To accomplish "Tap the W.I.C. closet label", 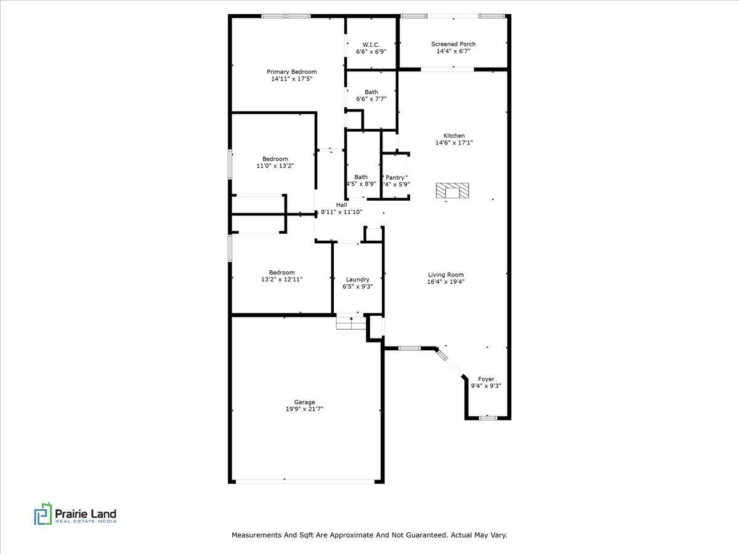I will pyautogui.click(x=371, y=44).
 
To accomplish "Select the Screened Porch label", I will pyautogui.click(x=453, y=44).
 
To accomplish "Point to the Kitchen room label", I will pyautogui.click(x=454, y=135).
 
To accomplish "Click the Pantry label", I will pyautogui.click(x=395, y=177).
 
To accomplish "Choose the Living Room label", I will pyautogui.click(x=446, y=275).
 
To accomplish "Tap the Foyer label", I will pyautogui.click(x=486, y=379).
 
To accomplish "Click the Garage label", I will pyautogui.click(x=304, y=402).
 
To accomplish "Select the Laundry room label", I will pyautogui.click(x=357, y=279).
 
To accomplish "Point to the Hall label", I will pyautogui.click(x=341, y=205).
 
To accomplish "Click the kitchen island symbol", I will pyautogui.click(x=453, y=191).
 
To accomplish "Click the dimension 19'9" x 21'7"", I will pyautogui.click(x=304, y=409).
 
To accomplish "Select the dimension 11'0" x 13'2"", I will pyautogui.click(x=274, y=166).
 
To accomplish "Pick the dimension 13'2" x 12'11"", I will pyautogui.click(x=281, y=279).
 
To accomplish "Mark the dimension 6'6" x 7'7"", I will pyautogui.click(x=371, y=98).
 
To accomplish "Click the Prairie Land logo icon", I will pyautogui.click(x=42, y=514).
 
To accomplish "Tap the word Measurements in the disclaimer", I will pyautogui.click(x=258, y=536).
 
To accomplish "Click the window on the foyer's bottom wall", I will pyautogui.click(x=488, y=418).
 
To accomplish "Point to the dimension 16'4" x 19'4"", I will pyautogui.click(x=446, y=281).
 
